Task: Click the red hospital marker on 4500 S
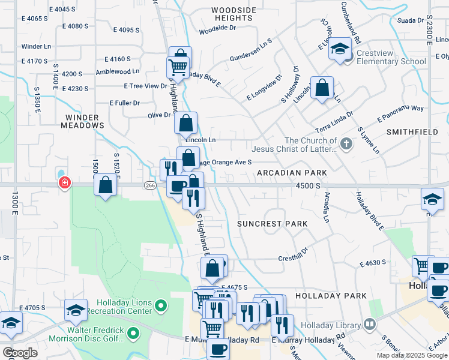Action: click(x=64, y=182)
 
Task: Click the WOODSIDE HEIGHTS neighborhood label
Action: click(x=234, y=14)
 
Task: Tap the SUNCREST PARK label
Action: click(x=272, y=224)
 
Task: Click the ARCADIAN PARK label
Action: click(x=292, y=173)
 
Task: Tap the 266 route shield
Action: click(x=150, y=186)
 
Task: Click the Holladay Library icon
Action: click(x=370, y=325)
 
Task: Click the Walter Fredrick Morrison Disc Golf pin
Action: click(x=135, y=332)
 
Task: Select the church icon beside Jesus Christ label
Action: click(x=346, y=143)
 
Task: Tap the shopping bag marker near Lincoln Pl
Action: click(x=322, y=88)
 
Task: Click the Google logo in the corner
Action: click(x=20, y=353)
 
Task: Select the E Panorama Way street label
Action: click(x=400, y=113)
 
